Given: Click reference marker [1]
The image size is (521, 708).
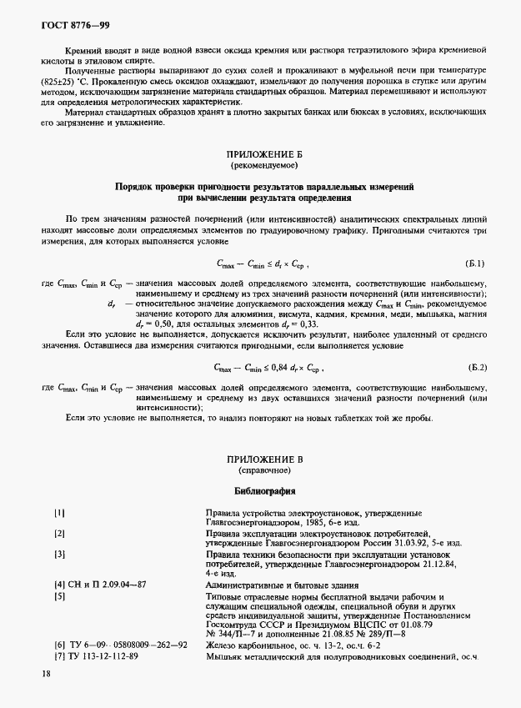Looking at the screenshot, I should pos(60,514).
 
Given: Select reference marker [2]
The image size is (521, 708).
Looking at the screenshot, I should pos(60,533).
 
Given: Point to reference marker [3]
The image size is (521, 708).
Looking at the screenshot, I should pos(60,554).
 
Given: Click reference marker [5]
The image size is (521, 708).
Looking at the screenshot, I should pos(60,597).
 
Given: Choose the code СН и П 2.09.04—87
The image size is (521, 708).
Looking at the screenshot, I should pos(101,585).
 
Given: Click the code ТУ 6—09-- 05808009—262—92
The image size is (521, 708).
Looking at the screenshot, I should pos(120,645).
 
